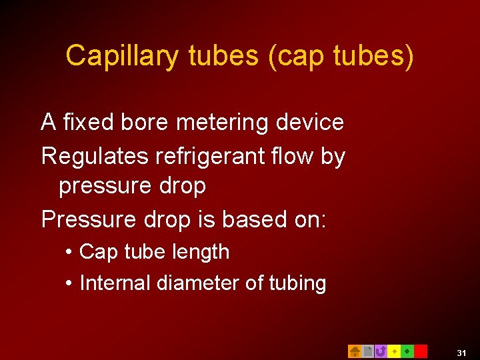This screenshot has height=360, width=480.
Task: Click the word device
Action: (x=309, y=122)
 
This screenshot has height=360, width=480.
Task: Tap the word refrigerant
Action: (x=213, y=157)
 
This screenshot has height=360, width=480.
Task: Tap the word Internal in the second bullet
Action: (x=115, y=283)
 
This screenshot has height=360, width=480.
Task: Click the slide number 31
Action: (x=461, y=352)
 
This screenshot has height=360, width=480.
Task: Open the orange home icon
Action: (x=355, y=351)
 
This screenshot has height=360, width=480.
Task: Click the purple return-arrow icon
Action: (x=381, y=351)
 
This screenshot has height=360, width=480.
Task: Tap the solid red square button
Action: (x=421, y=351)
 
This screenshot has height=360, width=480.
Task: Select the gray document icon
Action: (x=367, y=351)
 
